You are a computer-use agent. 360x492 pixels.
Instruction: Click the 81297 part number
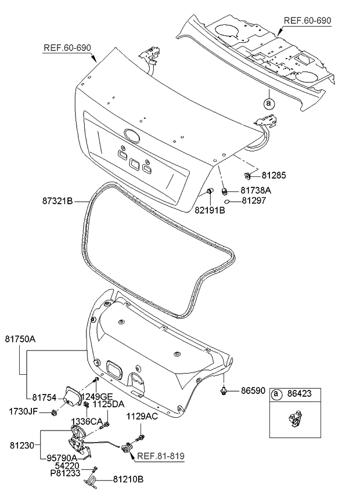tap(255, 201)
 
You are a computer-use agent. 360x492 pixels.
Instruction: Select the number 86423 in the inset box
tap(299, 394)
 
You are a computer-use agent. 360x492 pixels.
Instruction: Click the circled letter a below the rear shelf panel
tap(268, 104)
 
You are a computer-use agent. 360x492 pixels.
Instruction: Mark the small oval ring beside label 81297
tap(229, 202)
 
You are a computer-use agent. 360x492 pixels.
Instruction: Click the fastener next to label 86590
tap(224, 392)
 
